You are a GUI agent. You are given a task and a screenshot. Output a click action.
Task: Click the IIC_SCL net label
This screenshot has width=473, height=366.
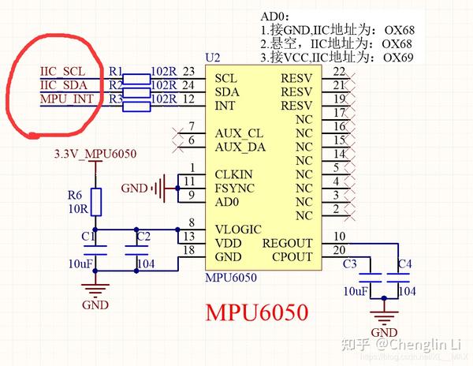point(62,71)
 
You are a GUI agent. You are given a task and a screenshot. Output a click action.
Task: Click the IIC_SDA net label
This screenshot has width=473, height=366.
point(63,84)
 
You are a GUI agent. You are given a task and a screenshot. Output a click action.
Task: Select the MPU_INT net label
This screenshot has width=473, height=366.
point(64,98)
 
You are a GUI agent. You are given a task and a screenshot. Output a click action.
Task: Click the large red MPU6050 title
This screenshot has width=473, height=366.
point(256,312)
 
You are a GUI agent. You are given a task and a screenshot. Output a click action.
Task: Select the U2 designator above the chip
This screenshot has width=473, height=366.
point(212,59)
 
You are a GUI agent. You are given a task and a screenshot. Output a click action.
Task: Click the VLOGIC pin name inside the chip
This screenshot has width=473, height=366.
point(238,230)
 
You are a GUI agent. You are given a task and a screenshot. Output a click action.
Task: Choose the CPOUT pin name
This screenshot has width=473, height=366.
point(291,257)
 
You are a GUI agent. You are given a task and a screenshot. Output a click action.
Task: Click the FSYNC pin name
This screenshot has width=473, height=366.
point(234,188)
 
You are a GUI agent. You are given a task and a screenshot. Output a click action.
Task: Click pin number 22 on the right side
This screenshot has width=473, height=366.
point(340,72)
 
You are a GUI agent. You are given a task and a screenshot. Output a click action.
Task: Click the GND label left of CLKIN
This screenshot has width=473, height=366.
point(134,188)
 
